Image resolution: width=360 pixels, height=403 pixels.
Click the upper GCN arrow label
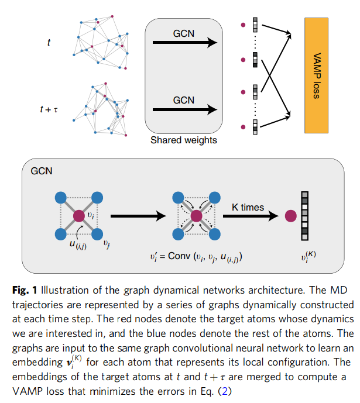pos(184,33)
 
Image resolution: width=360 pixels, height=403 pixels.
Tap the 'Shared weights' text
pos(184,140)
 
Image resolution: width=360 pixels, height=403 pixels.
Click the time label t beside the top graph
pos(49,42)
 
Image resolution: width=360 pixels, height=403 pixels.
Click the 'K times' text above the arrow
pos(248,207)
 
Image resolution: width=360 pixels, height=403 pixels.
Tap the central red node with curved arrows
pos(196,216)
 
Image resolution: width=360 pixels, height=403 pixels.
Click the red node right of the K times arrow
pos(290,216)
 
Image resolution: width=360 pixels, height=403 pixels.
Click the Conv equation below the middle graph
pos(196,257)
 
